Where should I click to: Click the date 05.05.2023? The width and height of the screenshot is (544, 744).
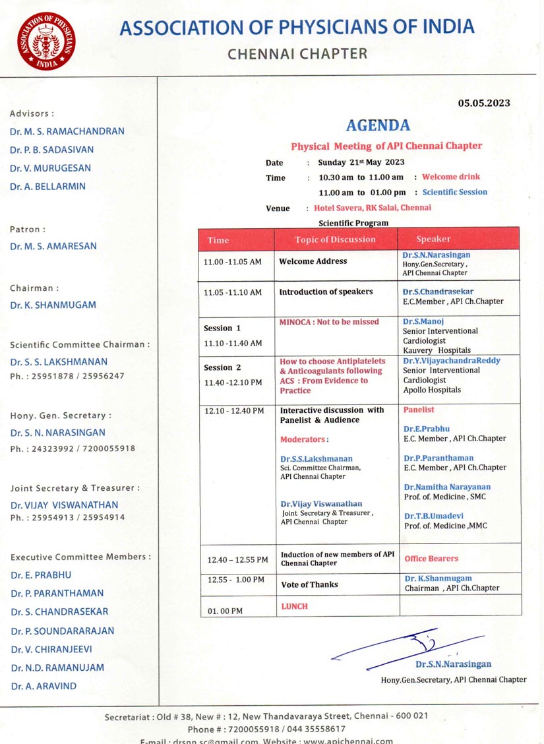pyautogui.click(x=484, y=103)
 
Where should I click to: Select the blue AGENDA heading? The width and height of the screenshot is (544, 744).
pyautogui.click(x=378, y=125)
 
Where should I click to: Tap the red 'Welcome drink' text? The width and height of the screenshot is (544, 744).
pyautogui.click(x=451, y=177)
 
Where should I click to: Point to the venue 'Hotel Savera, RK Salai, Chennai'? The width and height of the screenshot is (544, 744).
pyautogui.click(x=373, y=208)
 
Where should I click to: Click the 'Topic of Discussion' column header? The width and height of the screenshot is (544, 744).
pyautogui.click(x=335, y=239)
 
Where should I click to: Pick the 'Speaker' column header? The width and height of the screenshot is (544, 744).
pyautogui.click(x=433, y=239)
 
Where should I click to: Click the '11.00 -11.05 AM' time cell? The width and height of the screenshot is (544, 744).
pyautogui.click(x=233, y=262)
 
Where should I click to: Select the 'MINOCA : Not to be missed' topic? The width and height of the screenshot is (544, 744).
pyautogui.click(x=329, y=322)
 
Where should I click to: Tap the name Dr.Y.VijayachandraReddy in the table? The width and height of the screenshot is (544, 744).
pyautogui.click(x=452, y=361)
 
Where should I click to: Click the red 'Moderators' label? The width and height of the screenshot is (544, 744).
pyautogui.click(x=303, y=439)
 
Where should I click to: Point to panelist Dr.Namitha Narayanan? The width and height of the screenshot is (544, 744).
pyautogui.click(x=447, y=487)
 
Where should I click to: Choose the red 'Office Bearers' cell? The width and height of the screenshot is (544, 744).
pyautogui.click(x=431, y=559)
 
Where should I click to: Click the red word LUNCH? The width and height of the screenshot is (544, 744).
pyautogui.click(x=294, y=606)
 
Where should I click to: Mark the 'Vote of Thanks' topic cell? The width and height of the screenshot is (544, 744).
pyautogui.click(x=309, y=584)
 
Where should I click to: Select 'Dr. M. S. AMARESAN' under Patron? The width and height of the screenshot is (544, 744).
pyautogui.click(x=53, y=246)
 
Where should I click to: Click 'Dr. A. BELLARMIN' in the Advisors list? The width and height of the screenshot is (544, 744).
pyautogui.click(x=47, y=187)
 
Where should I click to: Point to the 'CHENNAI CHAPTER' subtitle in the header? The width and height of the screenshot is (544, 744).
pyautogui.click(x=297, y=54)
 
